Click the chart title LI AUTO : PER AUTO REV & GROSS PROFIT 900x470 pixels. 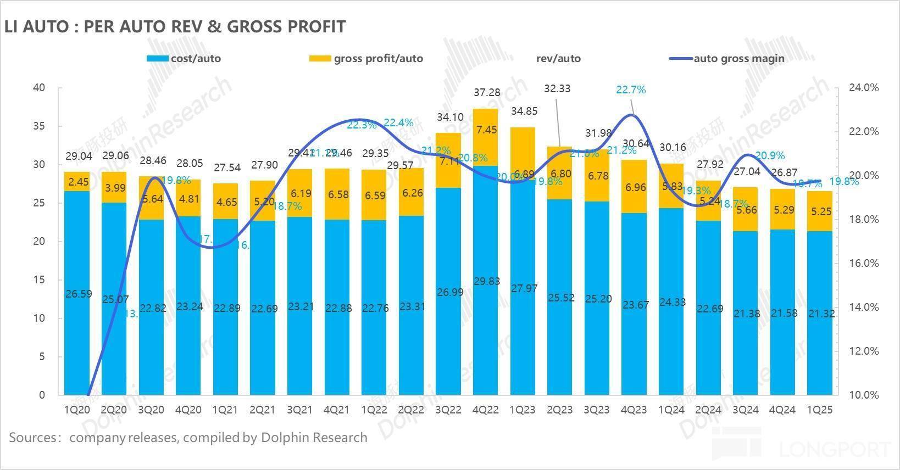pos(175,26)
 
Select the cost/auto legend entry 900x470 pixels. pos(195,58)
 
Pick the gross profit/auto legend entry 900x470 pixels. pos(378,58)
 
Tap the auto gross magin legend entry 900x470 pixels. pos(738,58)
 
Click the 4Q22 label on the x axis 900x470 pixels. pos(486,410)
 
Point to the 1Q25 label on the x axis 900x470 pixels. pos(819,410)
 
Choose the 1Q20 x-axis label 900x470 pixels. pos(77,410)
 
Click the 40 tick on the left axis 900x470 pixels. pos(39,88)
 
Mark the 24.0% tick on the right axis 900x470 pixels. pos(864,88)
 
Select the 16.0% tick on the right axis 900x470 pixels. pos(864,263)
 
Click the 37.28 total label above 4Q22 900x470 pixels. pos(486,93)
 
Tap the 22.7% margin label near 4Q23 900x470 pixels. pos(631,89)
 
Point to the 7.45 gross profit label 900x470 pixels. pos(486,130)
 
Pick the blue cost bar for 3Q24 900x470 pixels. pos(745,312)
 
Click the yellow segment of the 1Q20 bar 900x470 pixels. pos(77,182)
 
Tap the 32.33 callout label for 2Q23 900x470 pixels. pos(557,88)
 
